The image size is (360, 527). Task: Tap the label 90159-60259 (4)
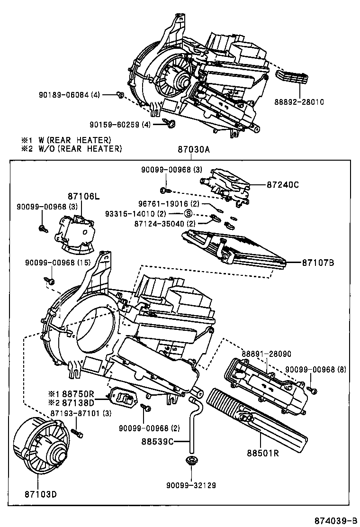coord(120,125)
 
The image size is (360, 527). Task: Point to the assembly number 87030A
coord(194,149)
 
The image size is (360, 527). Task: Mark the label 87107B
coord(318,262)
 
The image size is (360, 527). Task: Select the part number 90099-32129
coord(192,485)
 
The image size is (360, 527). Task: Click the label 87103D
coord(40,494)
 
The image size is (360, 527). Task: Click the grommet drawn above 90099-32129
coord(192,460)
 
